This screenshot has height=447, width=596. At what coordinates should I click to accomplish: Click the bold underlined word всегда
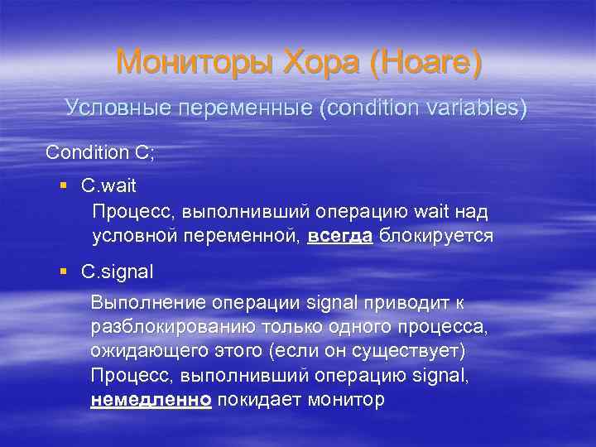[340, 236]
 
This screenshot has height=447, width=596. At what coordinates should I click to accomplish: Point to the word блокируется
[436, 236]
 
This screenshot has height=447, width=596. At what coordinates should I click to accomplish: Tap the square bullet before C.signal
[64, 271]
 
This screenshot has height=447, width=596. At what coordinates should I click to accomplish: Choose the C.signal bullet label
[118, 271]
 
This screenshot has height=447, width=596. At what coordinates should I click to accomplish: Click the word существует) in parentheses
[419, 351]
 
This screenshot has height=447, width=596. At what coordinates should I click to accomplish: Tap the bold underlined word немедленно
[151, 400]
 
